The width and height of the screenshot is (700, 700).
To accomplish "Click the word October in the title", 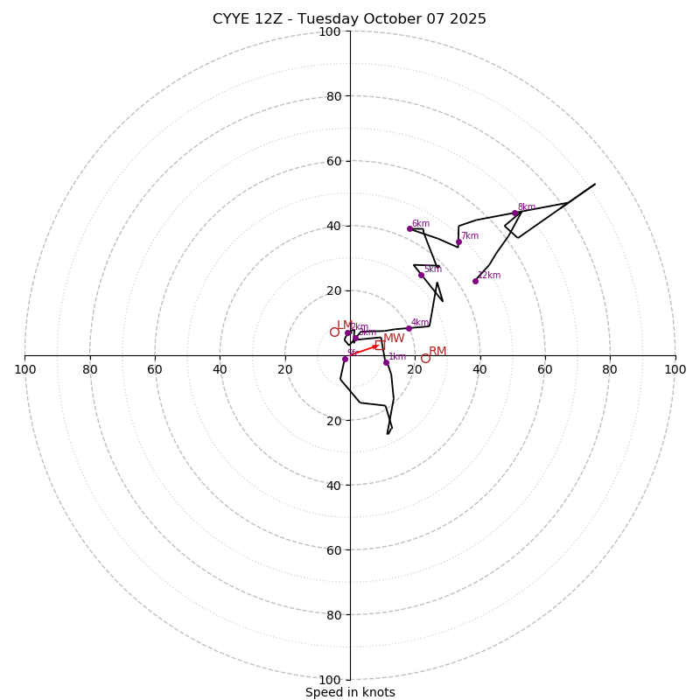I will coord(395,19).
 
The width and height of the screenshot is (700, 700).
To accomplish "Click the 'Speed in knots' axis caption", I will coord(350,692).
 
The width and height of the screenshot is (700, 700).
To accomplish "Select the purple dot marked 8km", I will coord(514,213).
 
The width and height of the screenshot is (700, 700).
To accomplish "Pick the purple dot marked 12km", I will coord(475,281).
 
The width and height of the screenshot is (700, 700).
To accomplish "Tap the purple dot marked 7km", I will coord(458,242).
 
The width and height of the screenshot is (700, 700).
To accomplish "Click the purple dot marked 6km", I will coord(409,229).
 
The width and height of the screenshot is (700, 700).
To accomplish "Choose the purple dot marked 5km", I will coord(421,275).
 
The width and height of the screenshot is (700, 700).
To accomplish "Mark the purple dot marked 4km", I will coord(409,328).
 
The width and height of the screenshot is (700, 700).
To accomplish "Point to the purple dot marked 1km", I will coord(386,362).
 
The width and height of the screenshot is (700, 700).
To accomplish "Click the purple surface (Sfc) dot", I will coord(345,359).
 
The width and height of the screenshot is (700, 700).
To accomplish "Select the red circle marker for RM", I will coord(425,358).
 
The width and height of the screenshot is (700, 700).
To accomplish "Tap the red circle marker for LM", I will coord(334,332).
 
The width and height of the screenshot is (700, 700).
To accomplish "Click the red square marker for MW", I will coord(380,345).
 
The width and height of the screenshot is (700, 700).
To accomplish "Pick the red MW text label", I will coord(394,339).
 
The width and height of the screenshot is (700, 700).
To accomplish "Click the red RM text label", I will coord(437,352).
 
